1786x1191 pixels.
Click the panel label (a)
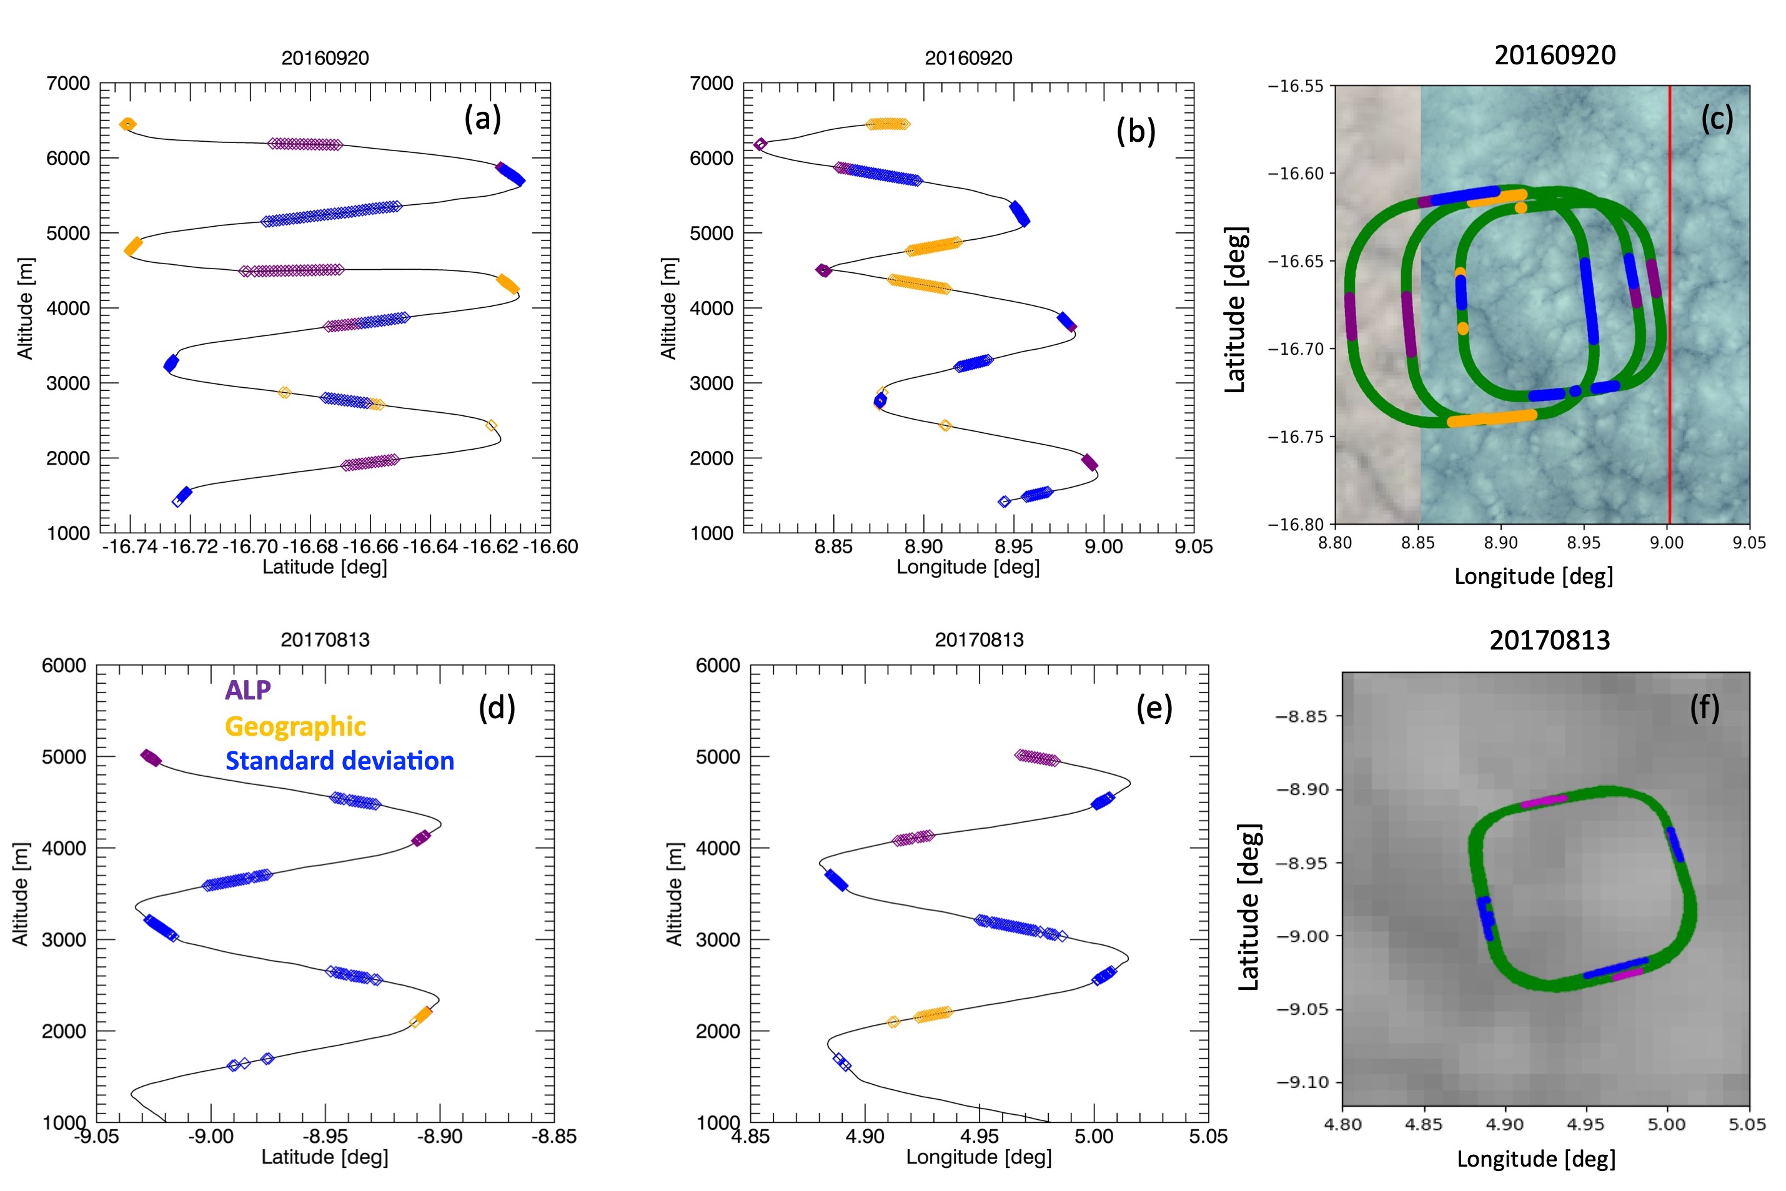pyautogui.click(x=482, y=119)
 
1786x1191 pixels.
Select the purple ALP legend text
pyautogui.click(x=247, y=689)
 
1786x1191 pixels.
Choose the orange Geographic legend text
pyautogui.click(x=295, y=726)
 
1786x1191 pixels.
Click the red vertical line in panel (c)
pyautogui.click(x=1669, y=304)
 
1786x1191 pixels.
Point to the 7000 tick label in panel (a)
pyautogui.click(x=68, y=84)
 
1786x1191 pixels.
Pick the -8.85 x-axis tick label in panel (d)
pyautogui.click(x=554, y=1136)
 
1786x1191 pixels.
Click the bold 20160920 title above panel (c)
pyautogui.click(x=1554, y=55)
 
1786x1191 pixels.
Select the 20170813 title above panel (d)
pyautogui.click(x=325, y=640)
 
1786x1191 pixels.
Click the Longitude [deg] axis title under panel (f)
pyautogui.click(x=1536, y=1159)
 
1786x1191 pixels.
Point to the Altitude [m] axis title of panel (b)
pyautogui.click(x=668, y=308)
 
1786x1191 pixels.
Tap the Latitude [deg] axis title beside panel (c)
pyautogui.click(x=1235, y=309)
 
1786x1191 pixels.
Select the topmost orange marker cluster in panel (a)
pyautogui.click(x=127, y=124)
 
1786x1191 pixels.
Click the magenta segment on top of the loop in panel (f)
pyautogui.click(x=1544, y=801)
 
